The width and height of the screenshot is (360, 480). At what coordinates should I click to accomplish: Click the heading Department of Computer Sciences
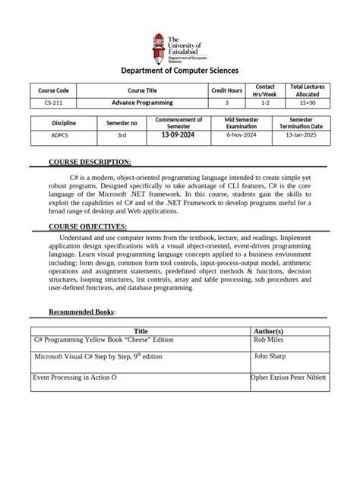point(180,71)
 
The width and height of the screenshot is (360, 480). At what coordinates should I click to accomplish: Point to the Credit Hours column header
point(226,90)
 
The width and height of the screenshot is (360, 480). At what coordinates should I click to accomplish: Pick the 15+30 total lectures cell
point(307,103)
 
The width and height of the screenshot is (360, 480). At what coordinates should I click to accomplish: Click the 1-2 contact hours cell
point(265,103)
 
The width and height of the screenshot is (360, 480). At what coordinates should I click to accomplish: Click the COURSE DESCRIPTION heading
point(90,163)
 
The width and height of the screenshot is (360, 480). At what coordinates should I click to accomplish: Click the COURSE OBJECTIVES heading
point(88,227)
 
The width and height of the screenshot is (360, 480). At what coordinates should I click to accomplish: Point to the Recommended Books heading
point(82,312)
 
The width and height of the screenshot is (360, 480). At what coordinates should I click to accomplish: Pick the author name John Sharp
point(270,355)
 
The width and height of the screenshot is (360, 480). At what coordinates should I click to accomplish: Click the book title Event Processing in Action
point(75,377)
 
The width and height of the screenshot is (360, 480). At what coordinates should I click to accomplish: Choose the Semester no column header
point(122,123)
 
